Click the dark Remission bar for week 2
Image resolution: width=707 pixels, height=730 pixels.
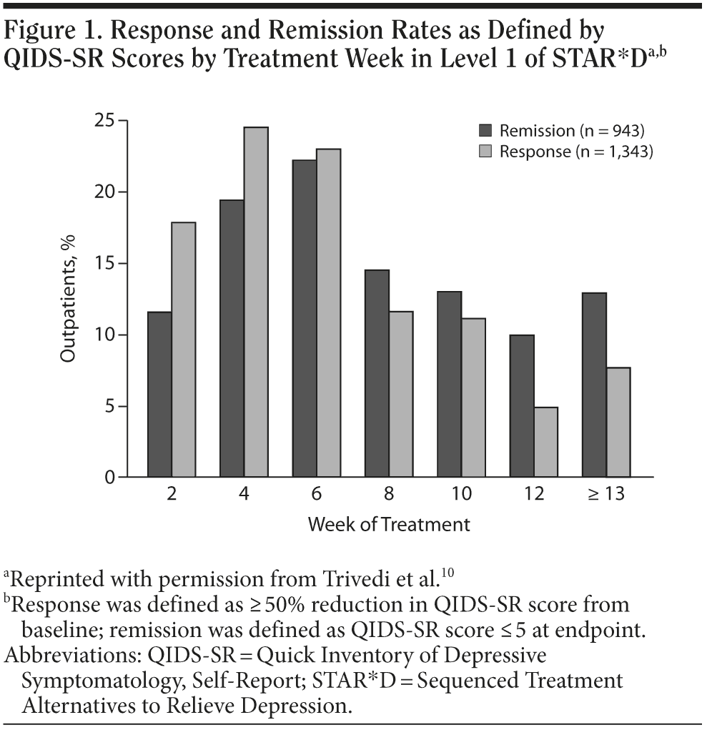159,394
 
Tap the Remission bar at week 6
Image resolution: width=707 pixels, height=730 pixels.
305,318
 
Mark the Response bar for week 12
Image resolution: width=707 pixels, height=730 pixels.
546,442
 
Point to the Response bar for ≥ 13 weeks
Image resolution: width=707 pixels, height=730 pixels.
618,422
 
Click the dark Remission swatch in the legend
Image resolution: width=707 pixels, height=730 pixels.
486,131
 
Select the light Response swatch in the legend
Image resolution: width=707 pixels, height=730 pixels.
486,152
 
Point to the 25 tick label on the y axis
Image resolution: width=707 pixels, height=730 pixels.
103,121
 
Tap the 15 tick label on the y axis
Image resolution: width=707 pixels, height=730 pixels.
103,264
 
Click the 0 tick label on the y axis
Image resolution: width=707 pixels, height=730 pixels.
108,478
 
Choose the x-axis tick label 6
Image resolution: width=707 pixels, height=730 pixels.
317,494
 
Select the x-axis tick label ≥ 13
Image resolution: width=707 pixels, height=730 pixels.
605,494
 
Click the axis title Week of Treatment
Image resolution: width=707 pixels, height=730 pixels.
389,524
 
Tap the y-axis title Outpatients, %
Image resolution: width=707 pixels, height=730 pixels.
68,300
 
